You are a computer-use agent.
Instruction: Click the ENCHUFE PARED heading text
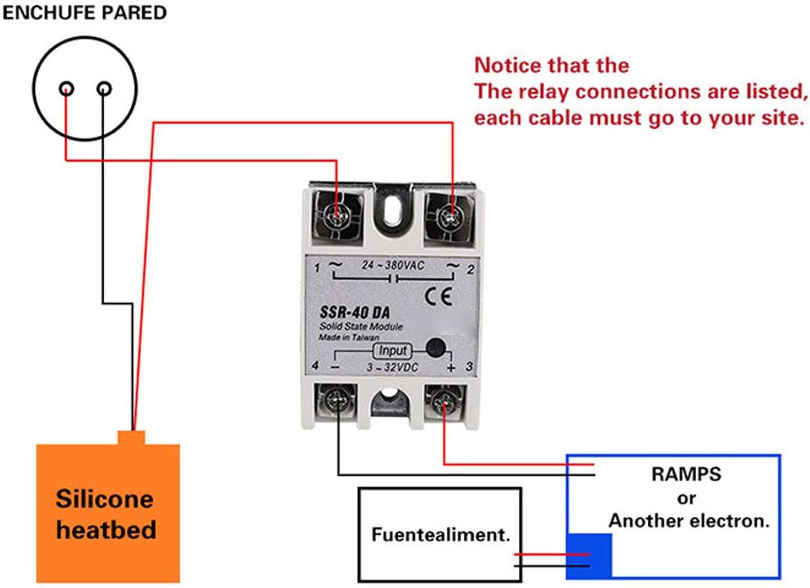[84, 12]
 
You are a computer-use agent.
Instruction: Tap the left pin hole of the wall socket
[66, 89]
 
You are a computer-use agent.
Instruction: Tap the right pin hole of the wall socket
[104, 89]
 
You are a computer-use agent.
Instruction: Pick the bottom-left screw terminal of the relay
[336, 401]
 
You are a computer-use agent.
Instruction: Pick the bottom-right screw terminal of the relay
[444, 401]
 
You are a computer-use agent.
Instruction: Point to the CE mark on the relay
[438, 296]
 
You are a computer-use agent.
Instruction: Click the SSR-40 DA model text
[355, 312]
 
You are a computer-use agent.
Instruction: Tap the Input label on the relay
[392, 351]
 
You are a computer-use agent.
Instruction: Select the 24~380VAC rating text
[393, 265]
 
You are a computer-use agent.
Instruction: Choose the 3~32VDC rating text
[393, 368]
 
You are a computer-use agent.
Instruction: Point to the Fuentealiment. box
[440, 534]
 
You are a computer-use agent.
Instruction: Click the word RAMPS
[686, 474]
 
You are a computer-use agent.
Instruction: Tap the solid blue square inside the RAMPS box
[589, 555]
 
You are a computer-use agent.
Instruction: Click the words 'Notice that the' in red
[551, 65]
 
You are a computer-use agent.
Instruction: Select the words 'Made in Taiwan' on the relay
[349, 337]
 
